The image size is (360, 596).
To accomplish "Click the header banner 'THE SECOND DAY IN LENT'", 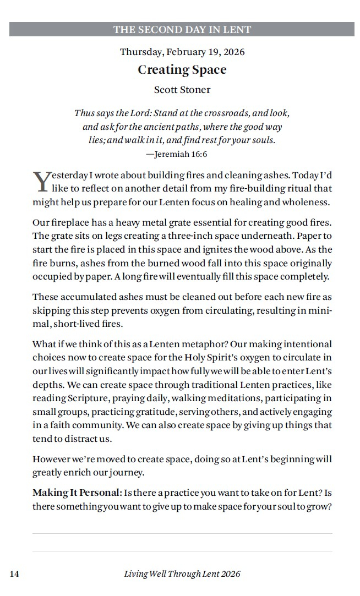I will tap(182, 30).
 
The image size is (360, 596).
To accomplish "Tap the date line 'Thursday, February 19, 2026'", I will tap(182, 52).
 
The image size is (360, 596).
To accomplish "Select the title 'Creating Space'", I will tap(182, 70).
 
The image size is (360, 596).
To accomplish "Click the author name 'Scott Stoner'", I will tap(182, 90).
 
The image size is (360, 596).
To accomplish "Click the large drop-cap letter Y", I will tap(42, 182).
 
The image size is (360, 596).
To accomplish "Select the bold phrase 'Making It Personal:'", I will tap(77, 492).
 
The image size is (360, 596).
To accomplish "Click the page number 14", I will tap(14, 574).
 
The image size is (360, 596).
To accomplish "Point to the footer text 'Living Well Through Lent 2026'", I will tap(182, 574).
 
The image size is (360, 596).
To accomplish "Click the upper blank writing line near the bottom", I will tap(182, 533).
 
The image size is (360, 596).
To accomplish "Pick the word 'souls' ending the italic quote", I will tap(262, 140).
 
